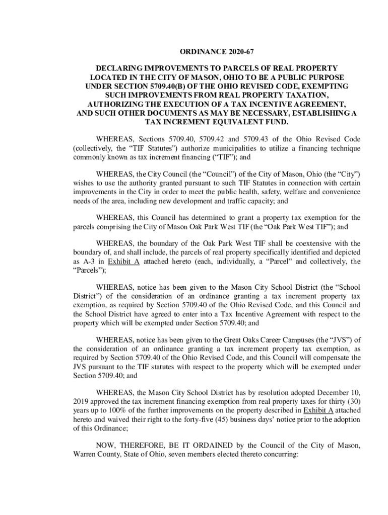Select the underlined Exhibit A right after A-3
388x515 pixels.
tap(124, 262)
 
